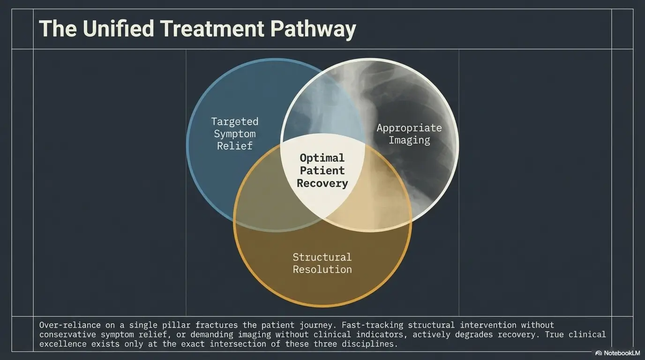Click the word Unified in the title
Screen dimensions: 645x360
(x=118, y=28)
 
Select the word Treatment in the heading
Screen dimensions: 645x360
(x=212, y=29)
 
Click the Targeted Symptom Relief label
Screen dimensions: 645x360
(x=235, y=134)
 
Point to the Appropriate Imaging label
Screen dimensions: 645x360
(x=409, y=134)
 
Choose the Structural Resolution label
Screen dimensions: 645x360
(x=322, y=263)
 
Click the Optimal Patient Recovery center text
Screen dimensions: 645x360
(x=322, y=171)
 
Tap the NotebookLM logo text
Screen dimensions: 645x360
(x=622, y=353)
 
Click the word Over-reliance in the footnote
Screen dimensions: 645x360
(x=70, y=325)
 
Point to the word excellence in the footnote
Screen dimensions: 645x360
(x=63, y=344)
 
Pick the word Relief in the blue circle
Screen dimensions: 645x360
(x=235, y=146)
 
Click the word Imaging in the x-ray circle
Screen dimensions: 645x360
(x=410, y=141)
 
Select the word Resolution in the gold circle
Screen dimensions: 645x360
(x=322, y=270)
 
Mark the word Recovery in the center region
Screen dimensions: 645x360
(x=322, y=183)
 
